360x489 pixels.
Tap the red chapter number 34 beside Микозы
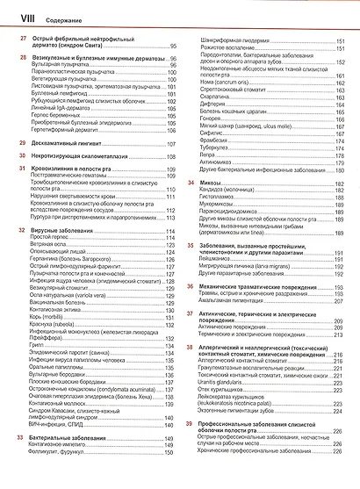191,182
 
